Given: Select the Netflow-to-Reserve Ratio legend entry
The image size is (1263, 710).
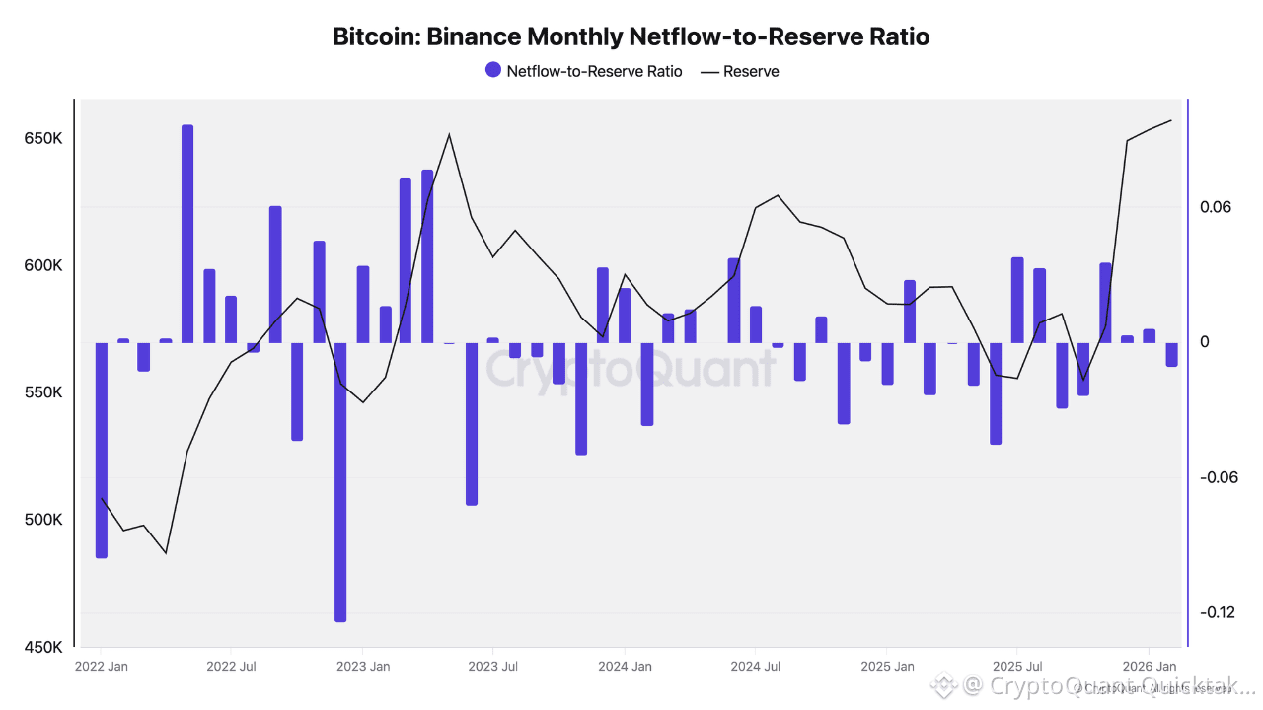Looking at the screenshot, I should (583, 71).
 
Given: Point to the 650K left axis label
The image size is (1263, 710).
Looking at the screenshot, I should (43, 139).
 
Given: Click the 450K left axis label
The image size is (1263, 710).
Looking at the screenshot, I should (43, 648).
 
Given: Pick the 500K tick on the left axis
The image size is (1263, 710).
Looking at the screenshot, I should (43, 520).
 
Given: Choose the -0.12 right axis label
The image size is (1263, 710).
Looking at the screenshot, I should (1217, 612).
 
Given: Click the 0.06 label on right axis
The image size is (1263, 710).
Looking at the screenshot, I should (1217, 207).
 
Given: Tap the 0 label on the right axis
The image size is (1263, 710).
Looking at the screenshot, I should (1205, 342).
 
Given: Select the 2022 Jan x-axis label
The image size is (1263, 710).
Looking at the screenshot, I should (101, 667).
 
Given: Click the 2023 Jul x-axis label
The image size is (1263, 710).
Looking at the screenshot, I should (492, 667).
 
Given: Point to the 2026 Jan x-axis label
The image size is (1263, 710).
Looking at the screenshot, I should (1151, 667).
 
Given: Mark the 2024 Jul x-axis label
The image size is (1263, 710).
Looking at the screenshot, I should (755, 667).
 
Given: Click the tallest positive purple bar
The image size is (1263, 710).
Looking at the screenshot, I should (187, 234).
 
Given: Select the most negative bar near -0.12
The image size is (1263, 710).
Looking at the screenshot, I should (340, 482).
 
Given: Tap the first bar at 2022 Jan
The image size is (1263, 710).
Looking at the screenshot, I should (101, 450).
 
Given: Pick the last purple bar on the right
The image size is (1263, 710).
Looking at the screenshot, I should (1171, 354).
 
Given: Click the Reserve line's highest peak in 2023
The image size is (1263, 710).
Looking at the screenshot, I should (449, 134).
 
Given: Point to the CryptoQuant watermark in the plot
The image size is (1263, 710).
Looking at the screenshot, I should (631, 369).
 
